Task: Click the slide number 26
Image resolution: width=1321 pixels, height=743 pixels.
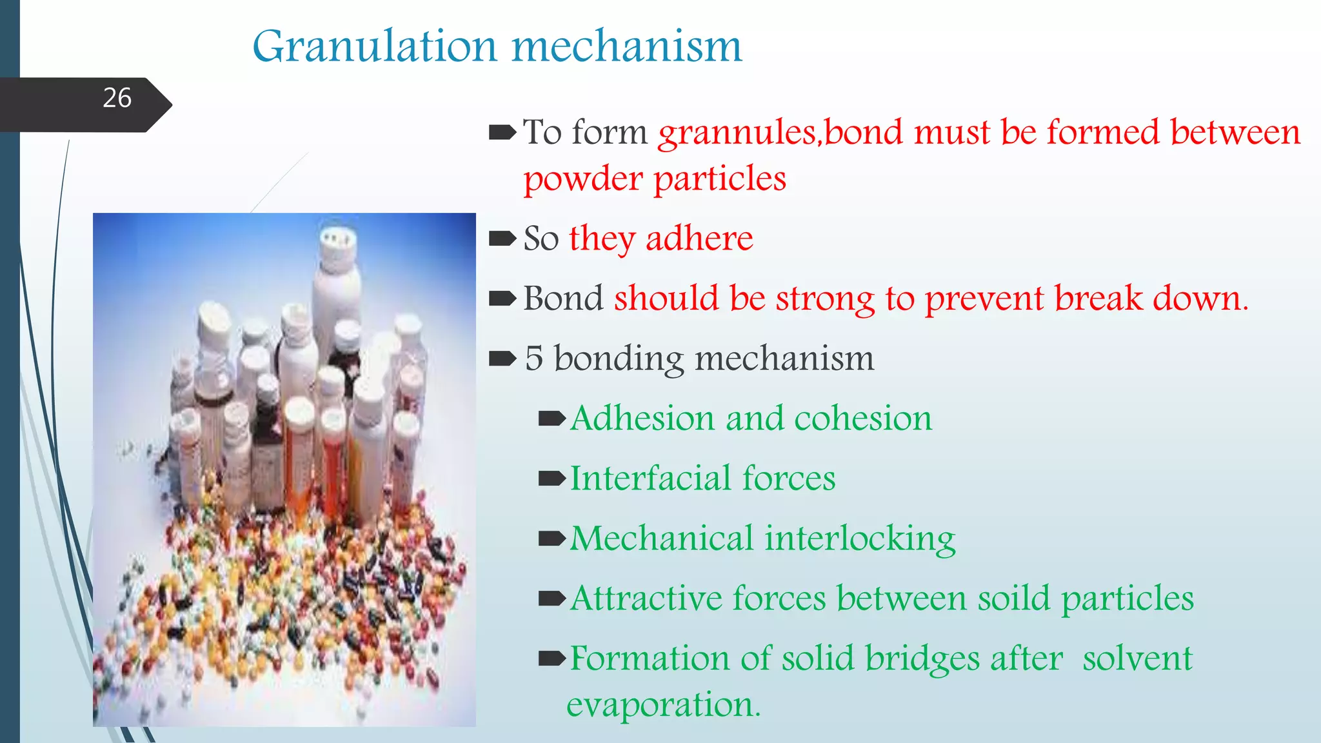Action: [x=117, y=98]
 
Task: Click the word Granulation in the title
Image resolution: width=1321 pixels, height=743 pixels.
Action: [x=374, y=46]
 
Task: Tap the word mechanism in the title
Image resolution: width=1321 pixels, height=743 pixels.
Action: [x=627, y=46]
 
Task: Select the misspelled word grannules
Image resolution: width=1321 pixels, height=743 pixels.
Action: [x=739, y=134]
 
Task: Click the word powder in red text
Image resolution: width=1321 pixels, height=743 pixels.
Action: [x=582, y=179]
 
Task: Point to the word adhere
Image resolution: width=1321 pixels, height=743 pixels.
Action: [x=699, y=239]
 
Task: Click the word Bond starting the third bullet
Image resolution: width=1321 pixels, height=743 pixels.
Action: [x=563, y=299]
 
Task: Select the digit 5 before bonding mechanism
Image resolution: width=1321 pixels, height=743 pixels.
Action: [x=533, y=359]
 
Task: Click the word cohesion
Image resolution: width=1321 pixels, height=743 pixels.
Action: [x=863, y=419]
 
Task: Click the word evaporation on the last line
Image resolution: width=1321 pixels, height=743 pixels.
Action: [x=662, y=705]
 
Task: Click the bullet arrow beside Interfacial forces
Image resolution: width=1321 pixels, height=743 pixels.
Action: [x=551, y=479]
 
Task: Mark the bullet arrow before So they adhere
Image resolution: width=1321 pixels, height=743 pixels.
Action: [x=502, y=239]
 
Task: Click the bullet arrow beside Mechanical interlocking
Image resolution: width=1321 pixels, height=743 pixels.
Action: [x=551, y=539]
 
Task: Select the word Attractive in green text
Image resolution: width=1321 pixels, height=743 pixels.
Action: [x=646, y=599]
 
